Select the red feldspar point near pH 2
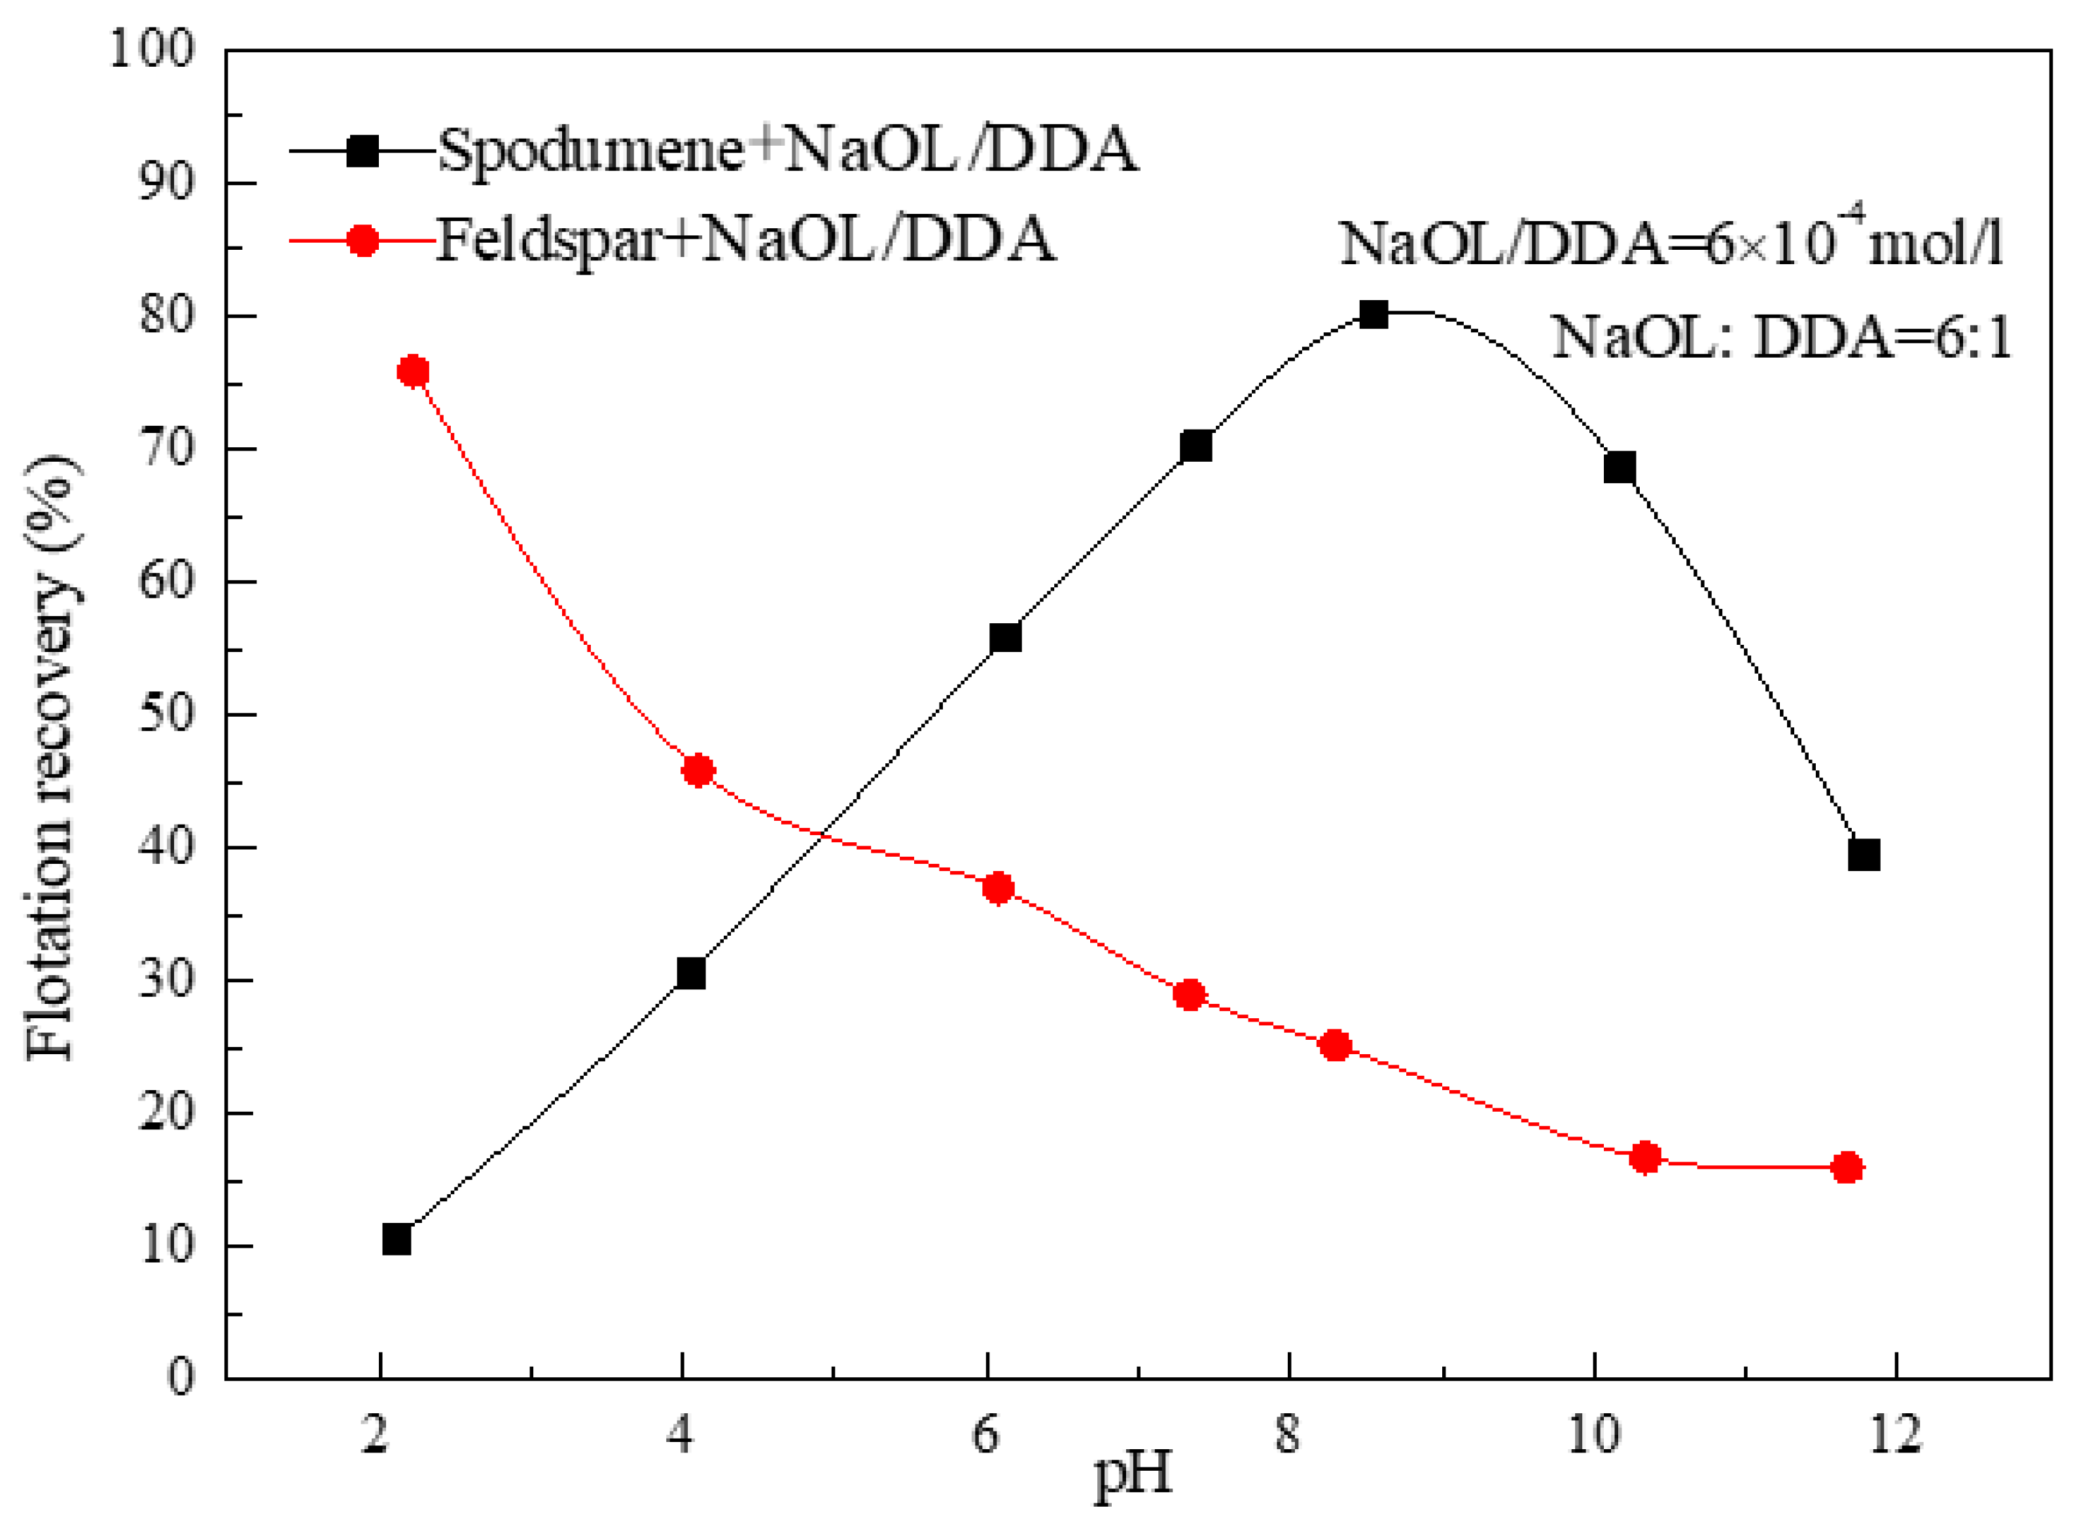(x=412, y=371)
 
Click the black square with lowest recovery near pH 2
(x=397, y=1239)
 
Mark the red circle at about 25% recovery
(x=1335, y=1046)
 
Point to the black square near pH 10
(x=1619, y=468)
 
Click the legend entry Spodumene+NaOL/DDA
(x=786, y=150)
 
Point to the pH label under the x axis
(x=1133, y=1473)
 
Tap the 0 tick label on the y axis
(x=181, y=1377)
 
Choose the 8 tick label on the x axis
(x=1287, y=1435)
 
